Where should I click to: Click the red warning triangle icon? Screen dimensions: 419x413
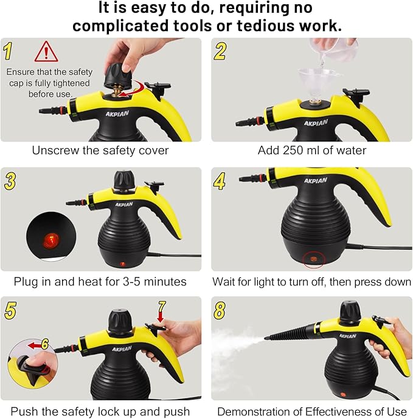tap(46, 52)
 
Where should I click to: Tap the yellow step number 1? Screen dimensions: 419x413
tap(9, 51)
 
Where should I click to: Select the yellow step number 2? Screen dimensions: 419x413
tap(220, 51)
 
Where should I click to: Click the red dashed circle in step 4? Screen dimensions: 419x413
tap(314, 257)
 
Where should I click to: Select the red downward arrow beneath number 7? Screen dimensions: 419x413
tap(161, 316)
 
